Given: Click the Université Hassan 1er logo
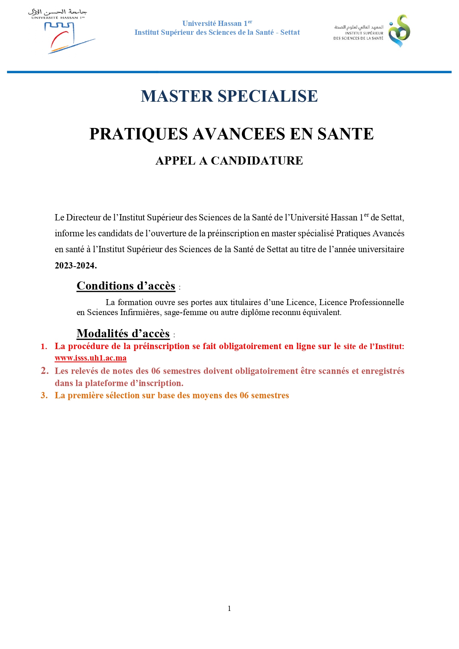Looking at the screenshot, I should pos(59,31).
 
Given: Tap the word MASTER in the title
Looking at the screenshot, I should pos(177,96).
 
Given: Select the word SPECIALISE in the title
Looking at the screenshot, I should pos(268,96).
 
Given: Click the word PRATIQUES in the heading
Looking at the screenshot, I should pos(139,134).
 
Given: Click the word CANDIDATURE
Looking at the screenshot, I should pos(257,160).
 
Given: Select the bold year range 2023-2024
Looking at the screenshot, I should pos(75,266).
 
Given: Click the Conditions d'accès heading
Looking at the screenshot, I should pos(126,286).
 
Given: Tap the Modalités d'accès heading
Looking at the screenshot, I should pos(123,334).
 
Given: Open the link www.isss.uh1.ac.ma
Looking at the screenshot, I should pos(91,358).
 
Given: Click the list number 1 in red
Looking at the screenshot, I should pos(44,347).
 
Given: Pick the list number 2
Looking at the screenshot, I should pos(45,371).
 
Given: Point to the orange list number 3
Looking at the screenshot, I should pos(44,395).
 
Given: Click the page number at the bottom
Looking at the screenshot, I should pos(229,608).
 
